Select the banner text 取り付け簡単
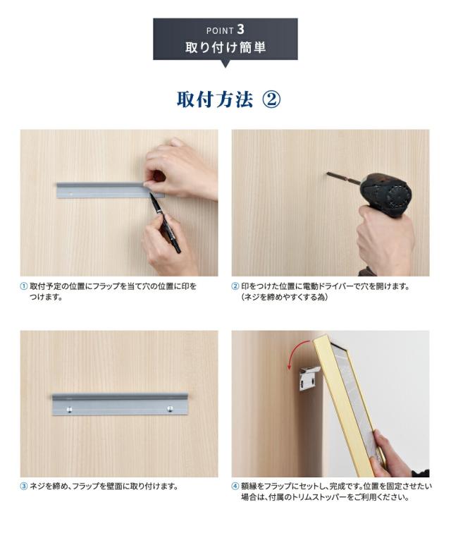(x=225, y=49)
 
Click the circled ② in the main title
(x=271, y=99)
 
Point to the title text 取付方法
(x=214, y=99)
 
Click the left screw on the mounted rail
(x=69, y=409)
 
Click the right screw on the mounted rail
(x=170, y=409)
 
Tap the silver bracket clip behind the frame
(x=309, y=378)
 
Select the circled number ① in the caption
(x=24, y=287)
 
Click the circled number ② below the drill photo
(x=235, y=287)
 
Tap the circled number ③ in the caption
(x=24, y=487)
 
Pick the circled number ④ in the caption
(x=235, y=487)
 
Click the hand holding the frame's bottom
(x=392, y=455)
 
